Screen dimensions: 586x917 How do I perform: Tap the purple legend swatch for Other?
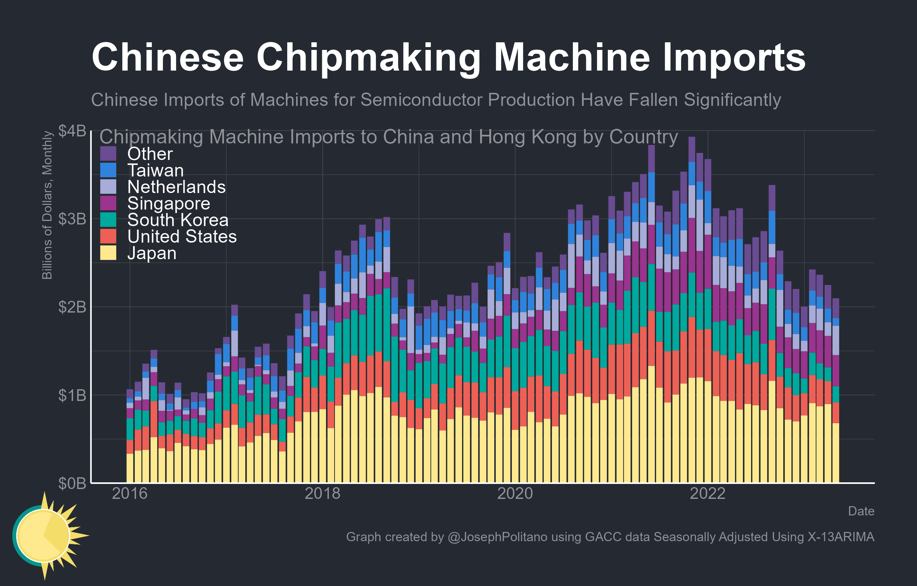click(x=108, y=154)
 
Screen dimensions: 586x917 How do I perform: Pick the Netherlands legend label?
click(x=176, y=187)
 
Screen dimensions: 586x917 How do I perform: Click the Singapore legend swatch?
click(x=108, y=203)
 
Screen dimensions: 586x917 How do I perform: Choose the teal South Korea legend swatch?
click(x=108, y=220)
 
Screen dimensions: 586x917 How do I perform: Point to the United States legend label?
click(x=182, y=237)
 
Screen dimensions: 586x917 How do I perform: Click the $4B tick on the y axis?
click(x=72, y=131)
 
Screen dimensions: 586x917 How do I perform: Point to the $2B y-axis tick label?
click(x=72, y=307)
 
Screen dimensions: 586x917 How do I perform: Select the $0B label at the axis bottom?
click(x=72, y=483)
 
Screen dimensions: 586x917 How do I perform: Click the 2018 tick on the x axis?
click(x=322, y=493)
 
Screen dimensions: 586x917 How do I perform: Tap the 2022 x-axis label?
click(x=708, y=493)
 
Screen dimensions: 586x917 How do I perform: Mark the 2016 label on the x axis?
click(x=129, y=493)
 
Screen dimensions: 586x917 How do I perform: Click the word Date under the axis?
click(x=861, y=511)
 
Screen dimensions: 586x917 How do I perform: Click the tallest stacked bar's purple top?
click(x=691, y=148)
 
